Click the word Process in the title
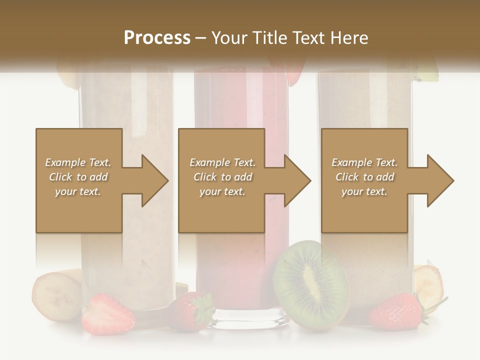click(157, 38)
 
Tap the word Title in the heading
click(269, 38)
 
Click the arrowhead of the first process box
click(155, 180)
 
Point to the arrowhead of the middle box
click(298, 180)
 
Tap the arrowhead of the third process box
click(440, 180)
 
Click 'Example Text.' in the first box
click(78, 162)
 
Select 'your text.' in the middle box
click(222, 191)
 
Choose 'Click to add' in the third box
click(364, 177)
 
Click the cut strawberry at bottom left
click(108, 315)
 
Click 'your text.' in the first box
click(78, 191)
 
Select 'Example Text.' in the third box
click(364, 162)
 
